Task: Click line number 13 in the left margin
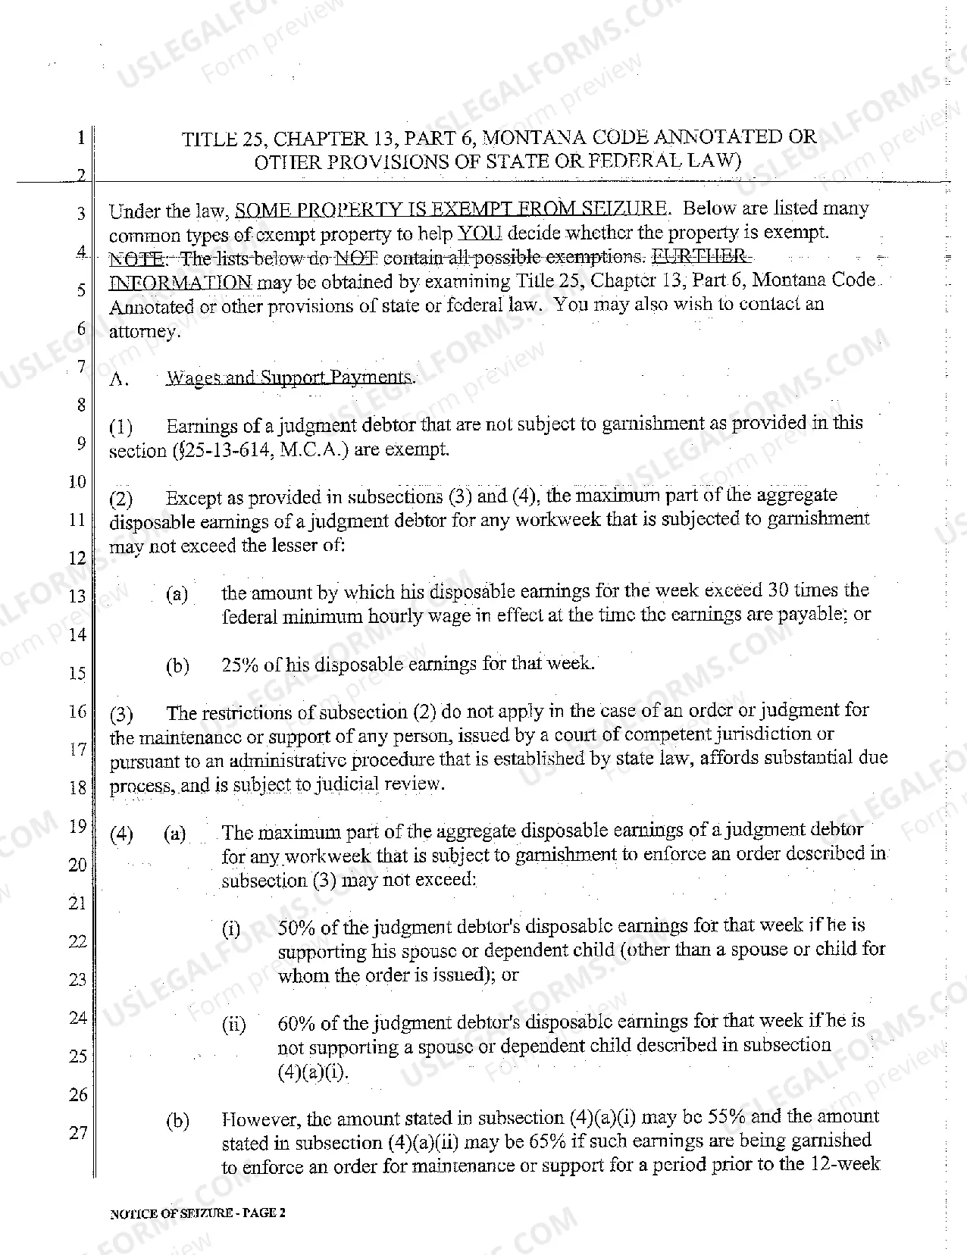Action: (77, 596)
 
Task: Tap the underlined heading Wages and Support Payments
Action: (289, 377)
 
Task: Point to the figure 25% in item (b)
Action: (241, 665)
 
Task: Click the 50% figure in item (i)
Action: (296, 927)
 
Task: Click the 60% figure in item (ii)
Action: (296, 1023)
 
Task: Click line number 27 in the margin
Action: (78, 1133)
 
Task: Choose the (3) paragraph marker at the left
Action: (121, 715)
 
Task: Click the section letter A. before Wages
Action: (118, 380)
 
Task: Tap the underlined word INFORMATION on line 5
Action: (180, 283)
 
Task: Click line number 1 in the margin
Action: (80, 138)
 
